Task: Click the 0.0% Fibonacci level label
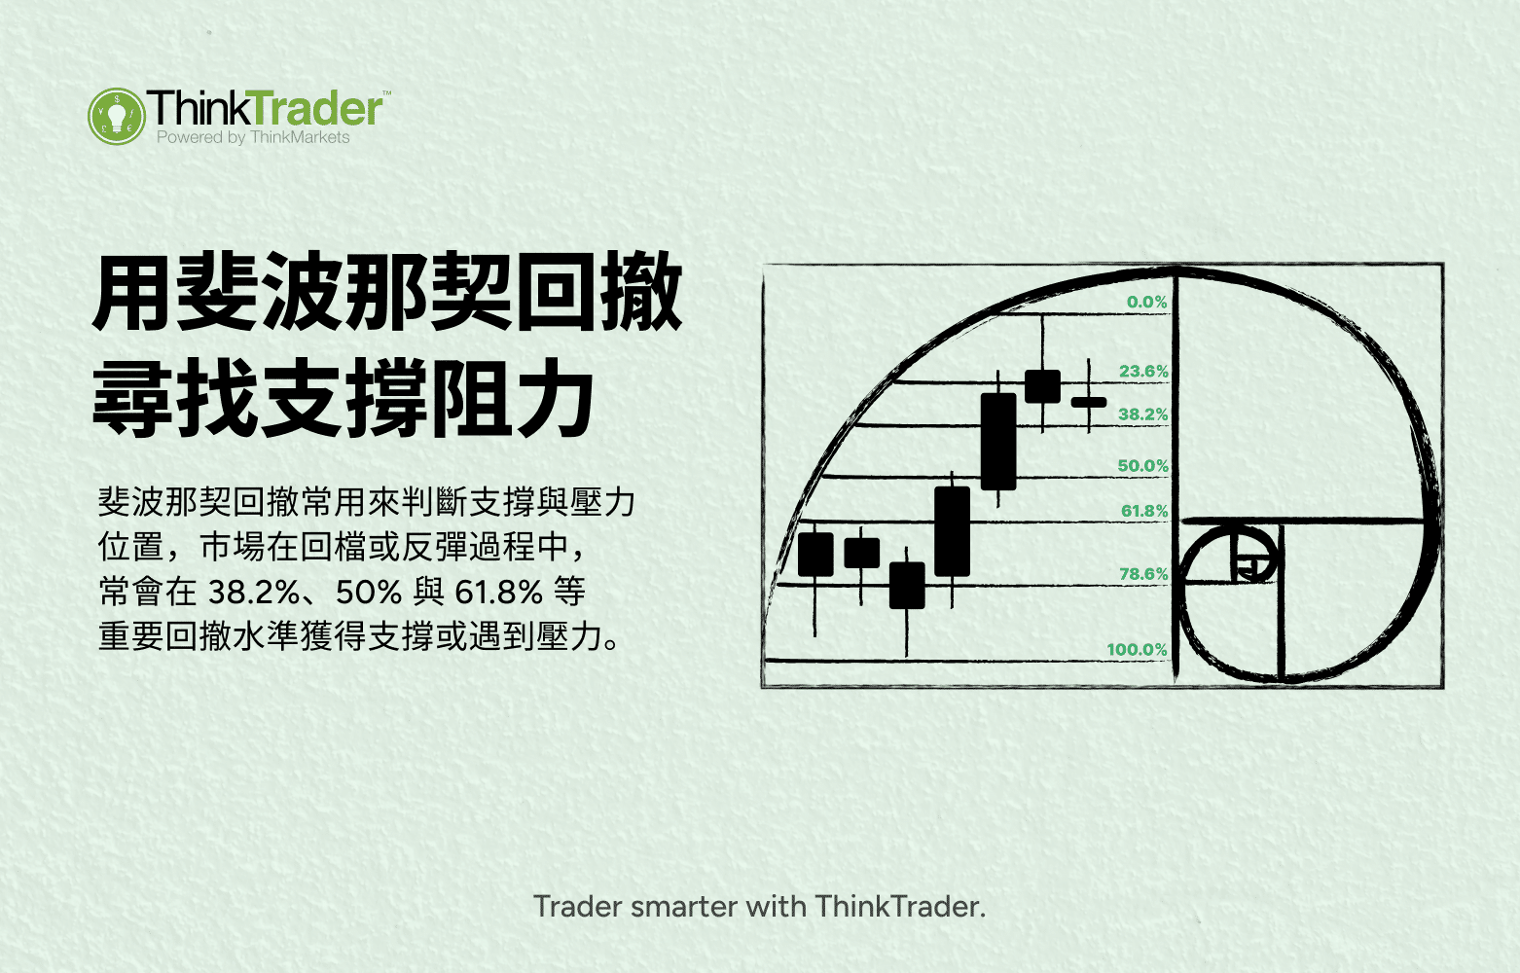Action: pyautogui.click(x=1146, y=303)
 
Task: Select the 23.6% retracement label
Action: pyautogui.click(x=1143, y=372)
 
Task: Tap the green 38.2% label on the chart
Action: pyautogui.click(x=1142, y=414)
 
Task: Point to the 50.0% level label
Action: pyautogui.click(x=1142, y=466)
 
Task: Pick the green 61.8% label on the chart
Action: pyautogui.click(x=1143, y=511)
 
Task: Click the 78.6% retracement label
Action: pyautogui.click(x=1142, y=574)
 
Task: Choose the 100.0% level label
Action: pyautogui.click(x=1137, y=649)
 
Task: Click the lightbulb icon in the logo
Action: pyautogui.click(x=117, y=117)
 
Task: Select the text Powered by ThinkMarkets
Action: pyautogui.click(x=253, y=138)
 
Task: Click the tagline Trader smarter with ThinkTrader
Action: pyautogui.click(x=760, y=907)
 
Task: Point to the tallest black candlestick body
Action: pyautogui.click(x=998, y=441)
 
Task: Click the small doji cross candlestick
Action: pyautogui.click(x=1089, y=401)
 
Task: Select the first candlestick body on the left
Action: pyautogui.click(x=815, y=554)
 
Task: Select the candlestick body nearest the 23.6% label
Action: pyautogui.click(x=1042, y=386)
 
